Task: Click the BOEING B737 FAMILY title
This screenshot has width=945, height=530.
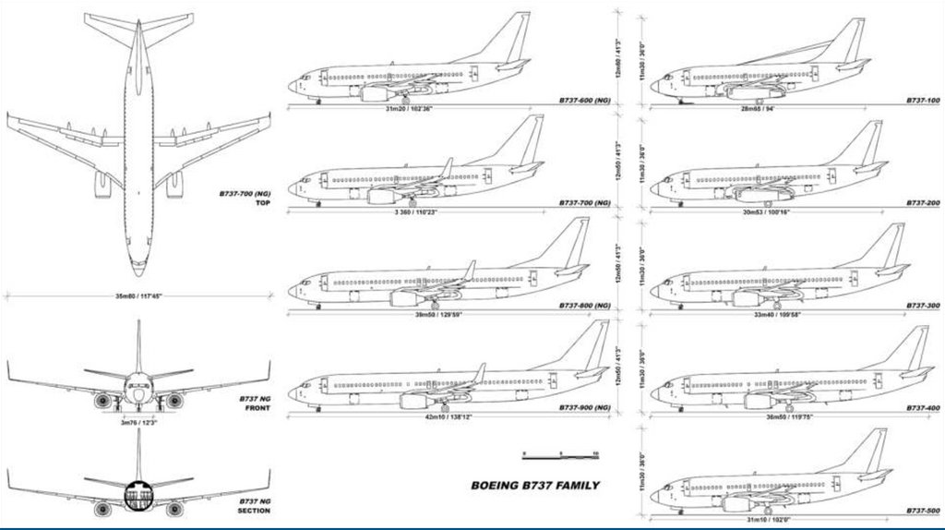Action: (x=535, y=486)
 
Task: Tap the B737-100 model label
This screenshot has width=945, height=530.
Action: (x=922, y=99)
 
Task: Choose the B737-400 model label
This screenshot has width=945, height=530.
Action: (x=922, y=407)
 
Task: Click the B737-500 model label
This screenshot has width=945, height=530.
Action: (x=922, y=510)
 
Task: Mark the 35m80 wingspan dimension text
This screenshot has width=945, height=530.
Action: (x=138, y=297)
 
